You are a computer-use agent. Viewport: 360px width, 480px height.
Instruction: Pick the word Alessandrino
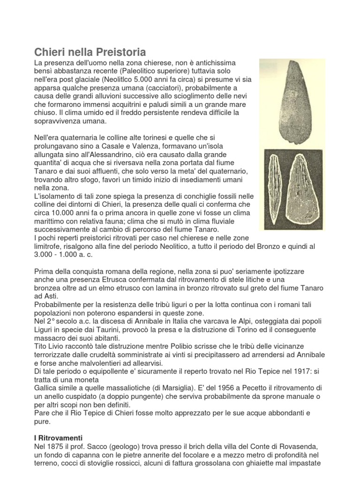point(119,154)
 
